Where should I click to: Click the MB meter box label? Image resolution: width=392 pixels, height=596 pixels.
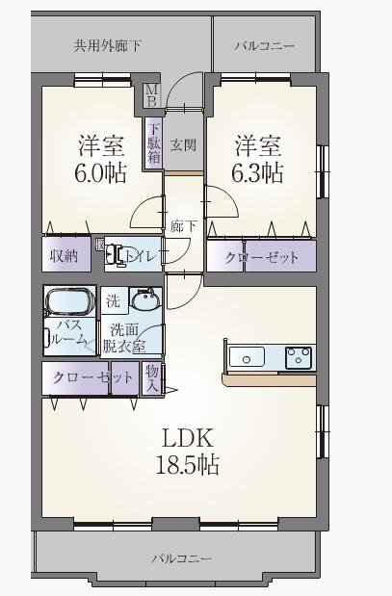(152, 95)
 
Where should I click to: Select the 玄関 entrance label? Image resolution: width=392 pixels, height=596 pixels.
(183, 144)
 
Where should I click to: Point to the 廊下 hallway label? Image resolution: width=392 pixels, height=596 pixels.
(183, 226)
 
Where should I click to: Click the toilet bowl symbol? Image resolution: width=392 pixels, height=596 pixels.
(114, 254)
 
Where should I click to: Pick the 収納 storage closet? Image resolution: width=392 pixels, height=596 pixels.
(66, 254)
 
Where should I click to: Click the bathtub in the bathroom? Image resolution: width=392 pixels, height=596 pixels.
(69, 300)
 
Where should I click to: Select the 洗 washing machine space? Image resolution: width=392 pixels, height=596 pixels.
(114, 300)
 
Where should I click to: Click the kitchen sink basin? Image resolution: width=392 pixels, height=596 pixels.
(247, 357)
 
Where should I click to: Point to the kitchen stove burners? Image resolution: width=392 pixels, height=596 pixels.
(299, 357)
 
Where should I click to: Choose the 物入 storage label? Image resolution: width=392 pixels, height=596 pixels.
(152, 379)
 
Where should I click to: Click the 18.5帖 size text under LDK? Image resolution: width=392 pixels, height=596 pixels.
(188, 464)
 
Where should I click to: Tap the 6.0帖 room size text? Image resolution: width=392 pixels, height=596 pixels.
(100, 173)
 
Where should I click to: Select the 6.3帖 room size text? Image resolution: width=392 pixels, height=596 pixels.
(257, 173)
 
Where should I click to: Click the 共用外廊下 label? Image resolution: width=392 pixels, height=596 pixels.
(107, 46)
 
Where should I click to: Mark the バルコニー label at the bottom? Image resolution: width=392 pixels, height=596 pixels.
(182, 558)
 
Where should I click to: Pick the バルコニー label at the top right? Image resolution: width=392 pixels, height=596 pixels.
(264, 46)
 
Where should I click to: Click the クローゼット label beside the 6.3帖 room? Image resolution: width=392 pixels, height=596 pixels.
(262, 258)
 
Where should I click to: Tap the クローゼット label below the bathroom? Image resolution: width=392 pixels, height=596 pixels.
(93, 377)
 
